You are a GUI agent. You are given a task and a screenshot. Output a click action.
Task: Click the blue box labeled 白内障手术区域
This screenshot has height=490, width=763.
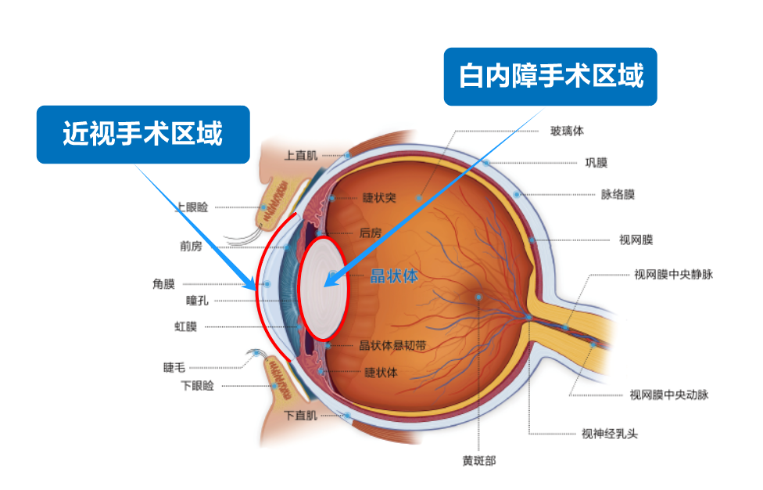click(x=550, y=77)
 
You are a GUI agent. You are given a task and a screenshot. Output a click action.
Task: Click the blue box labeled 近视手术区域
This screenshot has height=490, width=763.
click(x=143, y=135)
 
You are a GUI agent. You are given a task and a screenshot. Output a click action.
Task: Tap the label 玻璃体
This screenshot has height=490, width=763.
click(x=567, y=131)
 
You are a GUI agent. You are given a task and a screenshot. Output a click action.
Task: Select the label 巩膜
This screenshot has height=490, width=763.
click(x=596, y=163)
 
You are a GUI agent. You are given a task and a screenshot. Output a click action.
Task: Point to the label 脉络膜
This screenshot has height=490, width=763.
click(x=618, y=194)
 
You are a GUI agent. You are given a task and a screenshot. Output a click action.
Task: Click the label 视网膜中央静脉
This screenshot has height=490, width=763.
click(x=673, y=275)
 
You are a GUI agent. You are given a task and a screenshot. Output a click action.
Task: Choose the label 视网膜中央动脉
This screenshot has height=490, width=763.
click(x=669, y=395)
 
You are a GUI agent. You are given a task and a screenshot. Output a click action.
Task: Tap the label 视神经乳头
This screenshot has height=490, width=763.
click(x=610, y=434)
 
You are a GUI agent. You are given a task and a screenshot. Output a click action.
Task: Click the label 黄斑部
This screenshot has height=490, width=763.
click(x=478, y=461)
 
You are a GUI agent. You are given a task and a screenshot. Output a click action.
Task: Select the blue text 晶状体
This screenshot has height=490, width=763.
click(x=394, y=276)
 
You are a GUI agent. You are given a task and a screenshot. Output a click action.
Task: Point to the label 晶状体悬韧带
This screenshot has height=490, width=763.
click(x=392, y=345)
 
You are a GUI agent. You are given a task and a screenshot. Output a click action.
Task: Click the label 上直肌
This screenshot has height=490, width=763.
click(x=301, y=156)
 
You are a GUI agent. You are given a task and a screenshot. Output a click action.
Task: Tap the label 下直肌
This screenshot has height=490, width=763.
click(x=301, y=416)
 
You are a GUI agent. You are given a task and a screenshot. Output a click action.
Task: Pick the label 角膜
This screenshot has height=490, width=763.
click(x=163, y=284)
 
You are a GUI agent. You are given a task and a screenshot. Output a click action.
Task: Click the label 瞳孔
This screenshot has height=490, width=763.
click(x=197, y=301)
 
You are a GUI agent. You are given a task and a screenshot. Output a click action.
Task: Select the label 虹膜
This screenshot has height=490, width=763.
click(x=185, y=326)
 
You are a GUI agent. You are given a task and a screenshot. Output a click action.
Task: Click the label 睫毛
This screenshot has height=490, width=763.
click(x=174, y=368)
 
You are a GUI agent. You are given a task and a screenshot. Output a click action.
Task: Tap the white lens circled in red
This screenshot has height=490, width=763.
click(x=323, y=288)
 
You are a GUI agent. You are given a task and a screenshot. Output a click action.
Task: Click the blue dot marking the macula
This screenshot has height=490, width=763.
click(x=478, y=297)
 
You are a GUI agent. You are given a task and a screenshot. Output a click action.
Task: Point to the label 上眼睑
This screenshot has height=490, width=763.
click(x=192, y=207)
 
